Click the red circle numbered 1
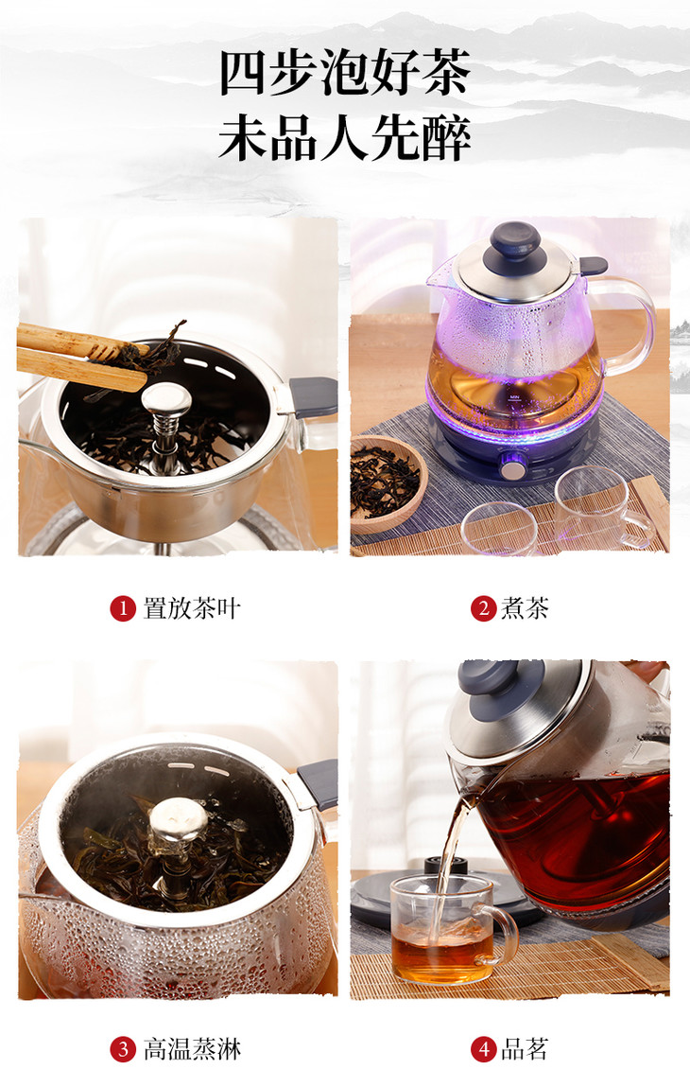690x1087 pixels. (x=123, y=609)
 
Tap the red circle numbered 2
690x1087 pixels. (x=484, y=609)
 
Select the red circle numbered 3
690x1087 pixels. (x=123, y=1049)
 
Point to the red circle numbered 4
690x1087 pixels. (x=484, y=1049)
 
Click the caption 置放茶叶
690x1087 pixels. (x=191, y=608)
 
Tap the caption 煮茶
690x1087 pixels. (x=525, y=608)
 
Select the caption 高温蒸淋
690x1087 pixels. (x=191, y=1049)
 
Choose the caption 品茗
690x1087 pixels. (x=525, y=1049)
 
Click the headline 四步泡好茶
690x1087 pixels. (x=345, y=73)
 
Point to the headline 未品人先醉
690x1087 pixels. (x=345, y=138)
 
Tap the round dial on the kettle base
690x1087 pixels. (x=513, y=468)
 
